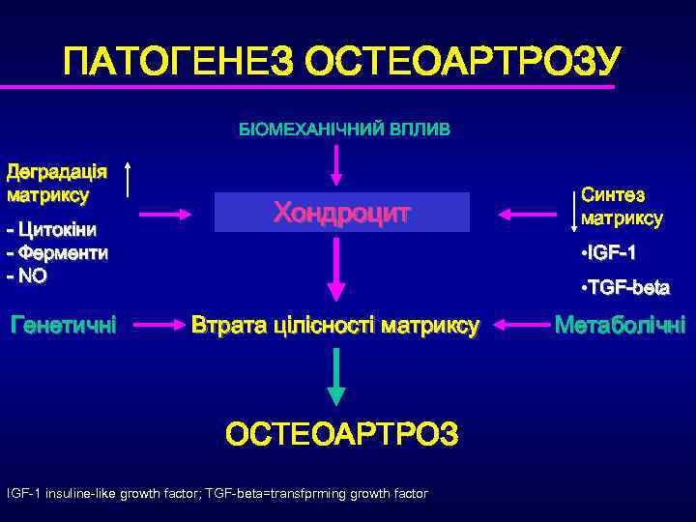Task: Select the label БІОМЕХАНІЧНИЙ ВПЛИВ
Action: point(345,129)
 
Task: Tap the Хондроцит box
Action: point(341,212)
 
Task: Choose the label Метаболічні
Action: point(620,326)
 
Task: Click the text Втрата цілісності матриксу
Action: point(335,326)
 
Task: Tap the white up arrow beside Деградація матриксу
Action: point(130,181)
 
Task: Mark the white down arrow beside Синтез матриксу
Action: point(577,207)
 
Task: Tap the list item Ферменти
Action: point(57,253)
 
